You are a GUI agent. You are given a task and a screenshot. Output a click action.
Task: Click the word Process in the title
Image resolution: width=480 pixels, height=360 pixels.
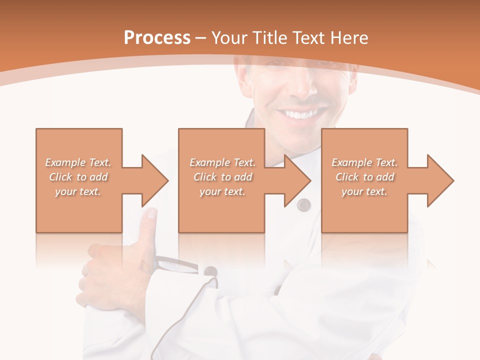157,38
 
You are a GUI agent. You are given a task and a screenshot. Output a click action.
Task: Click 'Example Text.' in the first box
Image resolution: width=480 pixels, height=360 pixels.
78,162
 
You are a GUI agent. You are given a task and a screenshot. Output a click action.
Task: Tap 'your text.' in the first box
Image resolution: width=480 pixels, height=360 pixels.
78,191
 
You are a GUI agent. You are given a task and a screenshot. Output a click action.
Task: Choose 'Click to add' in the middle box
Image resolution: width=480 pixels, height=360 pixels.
222,177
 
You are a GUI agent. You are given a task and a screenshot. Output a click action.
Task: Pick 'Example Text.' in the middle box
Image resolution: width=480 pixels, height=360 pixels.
222,162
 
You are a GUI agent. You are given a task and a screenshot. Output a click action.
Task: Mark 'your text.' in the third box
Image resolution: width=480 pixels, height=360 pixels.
364,191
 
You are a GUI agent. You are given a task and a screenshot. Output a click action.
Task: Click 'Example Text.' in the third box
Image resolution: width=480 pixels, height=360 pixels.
364,162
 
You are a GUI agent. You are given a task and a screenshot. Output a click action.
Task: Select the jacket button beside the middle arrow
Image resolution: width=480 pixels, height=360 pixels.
303,204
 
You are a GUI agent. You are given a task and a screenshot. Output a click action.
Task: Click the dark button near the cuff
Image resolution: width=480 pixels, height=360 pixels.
210,271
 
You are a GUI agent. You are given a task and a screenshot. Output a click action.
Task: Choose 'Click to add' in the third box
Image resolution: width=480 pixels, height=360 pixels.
364,177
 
